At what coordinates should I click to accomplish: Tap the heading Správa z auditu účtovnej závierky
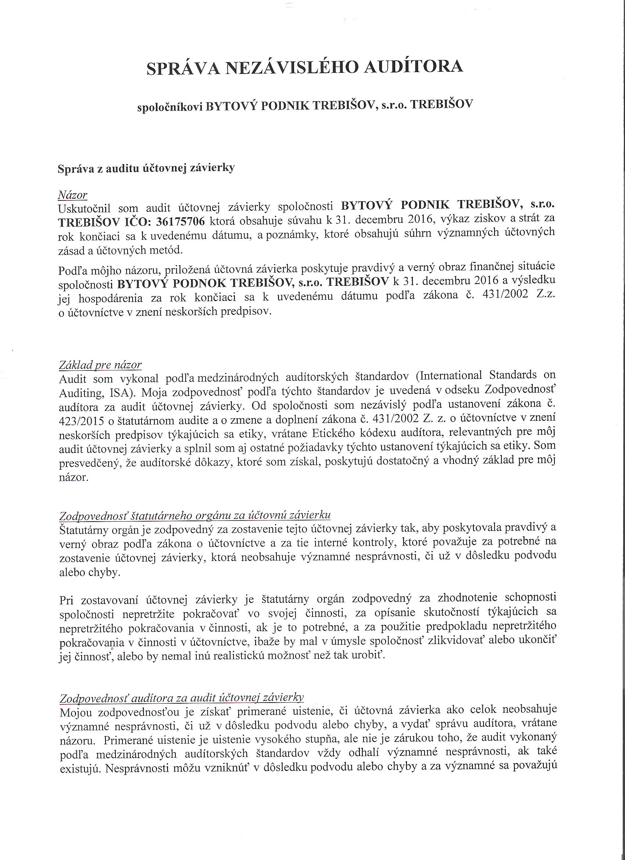click(x=146, y=168)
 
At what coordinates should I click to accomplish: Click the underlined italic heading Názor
click(x=72, y=195)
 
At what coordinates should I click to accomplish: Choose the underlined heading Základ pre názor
click(x=100, y=365)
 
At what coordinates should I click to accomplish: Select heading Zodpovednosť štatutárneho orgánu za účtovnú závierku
click(x=195, y=515)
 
